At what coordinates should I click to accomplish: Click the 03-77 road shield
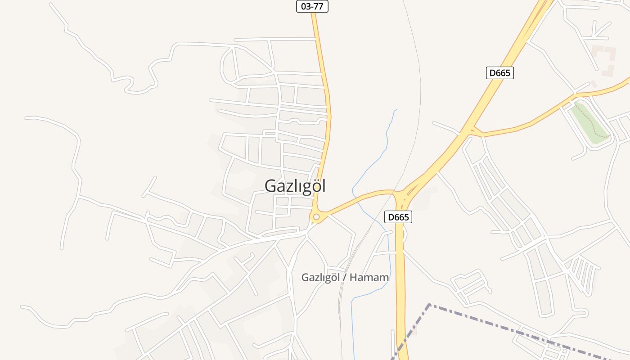tap(312, 6)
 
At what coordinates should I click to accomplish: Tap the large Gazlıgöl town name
tap(295, 186)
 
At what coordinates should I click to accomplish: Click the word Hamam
tap(369, 278)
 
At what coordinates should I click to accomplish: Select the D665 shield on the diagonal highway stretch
tap(499, 73)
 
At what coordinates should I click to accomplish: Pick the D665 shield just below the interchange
tap(399, 217)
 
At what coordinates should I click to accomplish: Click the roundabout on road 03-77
tap(316, 217)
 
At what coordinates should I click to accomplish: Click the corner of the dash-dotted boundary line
tap(429, 305)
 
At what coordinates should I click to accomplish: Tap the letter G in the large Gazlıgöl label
tap(270, 186)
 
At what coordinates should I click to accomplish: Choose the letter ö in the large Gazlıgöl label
tap(314, 186)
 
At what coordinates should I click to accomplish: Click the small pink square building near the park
tap(594, 84)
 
